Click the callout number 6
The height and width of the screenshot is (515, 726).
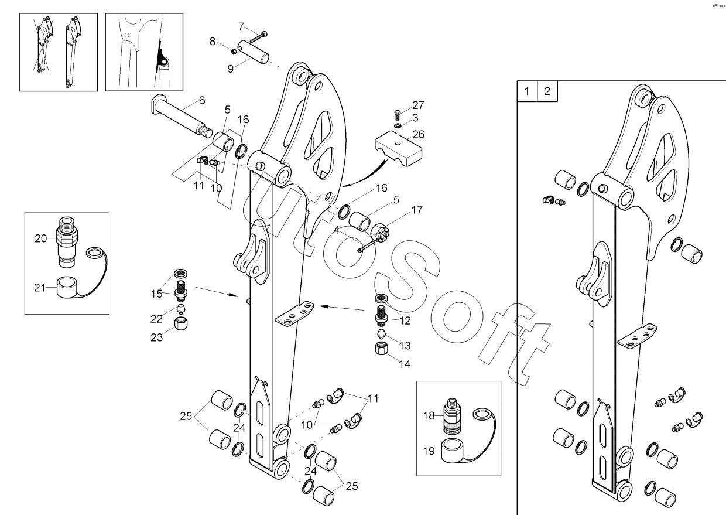point(201,100)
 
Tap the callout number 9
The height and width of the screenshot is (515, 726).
point(231,69)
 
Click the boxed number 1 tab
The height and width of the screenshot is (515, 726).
point(527,91)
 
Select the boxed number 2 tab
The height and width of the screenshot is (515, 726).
point(547,91)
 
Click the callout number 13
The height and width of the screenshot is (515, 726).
point(404,346)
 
